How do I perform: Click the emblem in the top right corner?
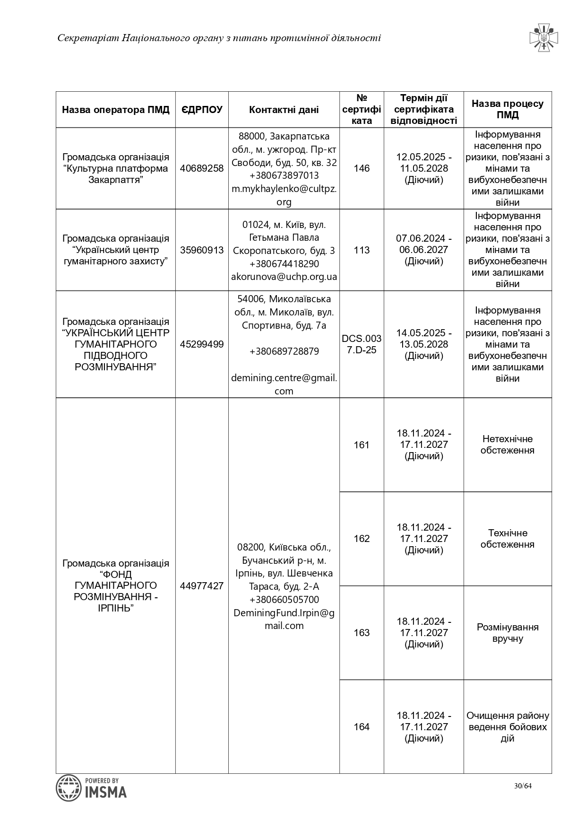point(544,37)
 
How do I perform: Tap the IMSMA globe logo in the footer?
point(69,788)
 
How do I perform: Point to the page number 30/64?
point(523,786)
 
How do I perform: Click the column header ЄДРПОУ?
point(202,110)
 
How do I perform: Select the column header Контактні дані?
point(284,110)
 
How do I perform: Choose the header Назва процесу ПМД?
point(508,109)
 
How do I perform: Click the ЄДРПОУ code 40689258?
point(202,168)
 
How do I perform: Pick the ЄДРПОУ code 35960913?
point(202,250)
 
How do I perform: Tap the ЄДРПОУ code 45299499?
point(202,344)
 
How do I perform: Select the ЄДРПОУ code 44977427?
point(202,586)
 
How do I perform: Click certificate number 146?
point(362,168)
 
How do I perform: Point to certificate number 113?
point(362,250)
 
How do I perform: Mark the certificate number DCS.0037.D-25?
point(362,344)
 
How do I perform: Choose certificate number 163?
point(362,633)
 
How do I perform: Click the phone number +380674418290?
point(284,263)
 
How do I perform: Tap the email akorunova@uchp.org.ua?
point(284,277)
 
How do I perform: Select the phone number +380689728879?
point(284,351)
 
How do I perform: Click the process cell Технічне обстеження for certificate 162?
point(508,539)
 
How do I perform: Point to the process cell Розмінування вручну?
point(508,633)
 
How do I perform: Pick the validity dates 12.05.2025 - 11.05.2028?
point(424,163)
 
